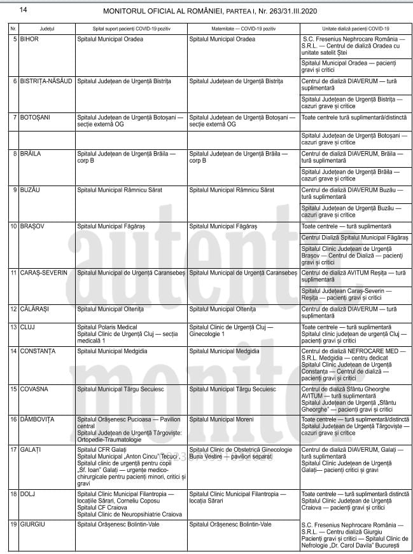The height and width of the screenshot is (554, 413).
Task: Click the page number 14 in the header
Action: [x=24, y=10]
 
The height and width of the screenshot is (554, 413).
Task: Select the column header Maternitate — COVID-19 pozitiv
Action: [x=244, y=29]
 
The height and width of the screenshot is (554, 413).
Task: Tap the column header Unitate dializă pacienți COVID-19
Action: [x=356, y=29]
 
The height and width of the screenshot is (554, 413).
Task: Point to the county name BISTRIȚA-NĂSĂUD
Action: [x=46, y=81]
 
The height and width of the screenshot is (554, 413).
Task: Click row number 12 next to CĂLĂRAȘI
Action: [x=13, y=309]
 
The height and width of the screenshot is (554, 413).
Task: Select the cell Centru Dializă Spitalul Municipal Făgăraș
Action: [x=354, y=238]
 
